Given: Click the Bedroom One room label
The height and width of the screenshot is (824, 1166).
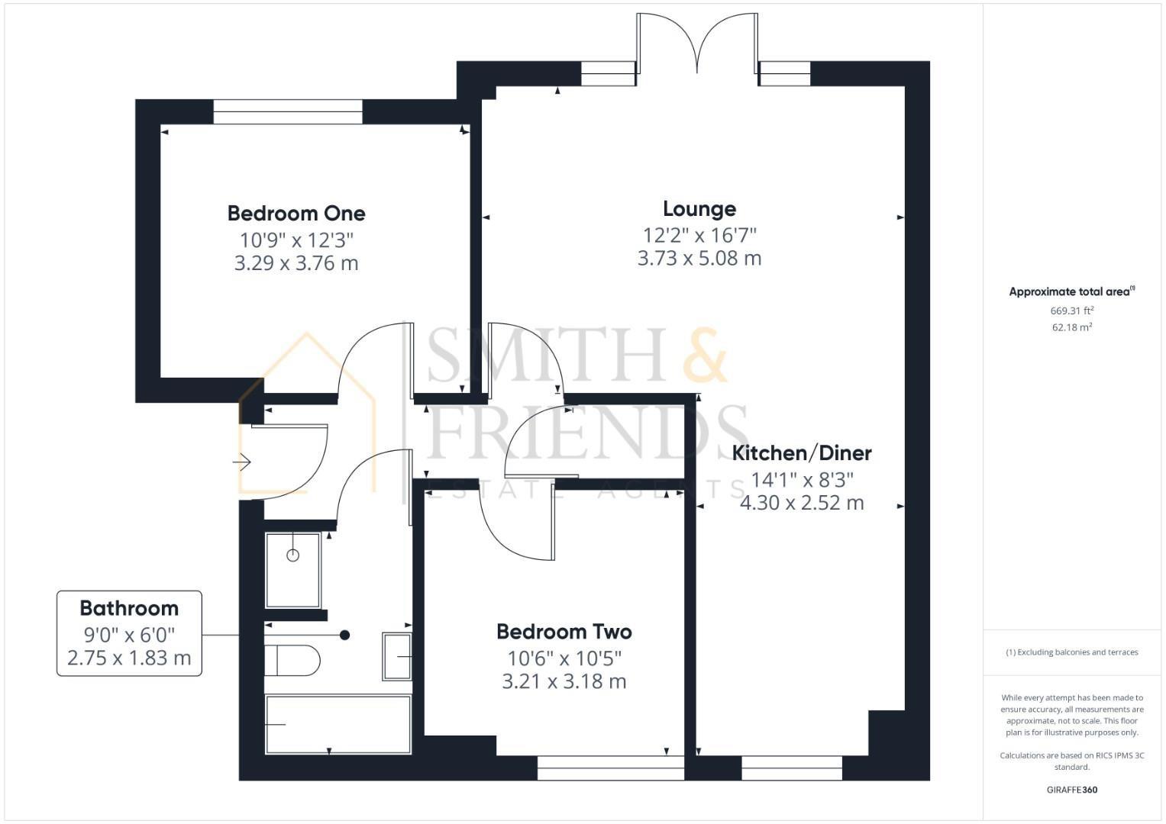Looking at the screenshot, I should click(296, 213).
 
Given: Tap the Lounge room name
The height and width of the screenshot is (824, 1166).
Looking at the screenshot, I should click(699, 208).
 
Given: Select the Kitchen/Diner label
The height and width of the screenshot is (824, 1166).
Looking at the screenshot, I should click(802, 453).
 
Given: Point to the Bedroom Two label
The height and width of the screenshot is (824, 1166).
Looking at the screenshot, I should click(564, 632).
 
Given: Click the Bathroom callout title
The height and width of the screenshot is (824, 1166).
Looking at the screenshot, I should click(129, 608).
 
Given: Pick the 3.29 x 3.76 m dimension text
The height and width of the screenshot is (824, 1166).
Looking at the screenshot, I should click(296, 263).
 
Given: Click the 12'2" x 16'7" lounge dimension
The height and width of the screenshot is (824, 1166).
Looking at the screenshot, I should click(699, 235).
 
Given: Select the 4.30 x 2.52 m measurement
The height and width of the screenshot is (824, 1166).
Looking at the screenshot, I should click(802, 503).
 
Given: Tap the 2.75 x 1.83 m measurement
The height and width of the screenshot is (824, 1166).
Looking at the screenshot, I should click(129, 658).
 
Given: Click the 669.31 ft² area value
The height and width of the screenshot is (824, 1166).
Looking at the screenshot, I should click(1071, 311).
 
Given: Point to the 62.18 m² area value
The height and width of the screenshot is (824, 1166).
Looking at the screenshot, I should click(1071, 327).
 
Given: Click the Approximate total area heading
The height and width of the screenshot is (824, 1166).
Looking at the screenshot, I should click(1071, 291).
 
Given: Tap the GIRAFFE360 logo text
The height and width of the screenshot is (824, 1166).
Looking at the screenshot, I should click(1071, 790).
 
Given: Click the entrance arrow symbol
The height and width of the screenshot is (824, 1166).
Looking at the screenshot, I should click(243, 462).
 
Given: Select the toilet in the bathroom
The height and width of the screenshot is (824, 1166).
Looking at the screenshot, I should click(292, 660).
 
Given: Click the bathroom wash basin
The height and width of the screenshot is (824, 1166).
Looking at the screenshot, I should click(397, 656).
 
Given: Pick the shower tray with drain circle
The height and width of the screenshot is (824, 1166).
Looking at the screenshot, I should click(292, 569).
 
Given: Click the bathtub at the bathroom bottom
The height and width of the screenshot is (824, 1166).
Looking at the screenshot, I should click(338, 724).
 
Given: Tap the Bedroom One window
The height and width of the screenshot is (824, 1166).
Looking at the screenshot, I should click(288, 111).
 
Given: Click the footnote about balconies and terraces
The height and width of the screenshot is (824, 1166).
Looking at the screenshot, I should click(1071, 652).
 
